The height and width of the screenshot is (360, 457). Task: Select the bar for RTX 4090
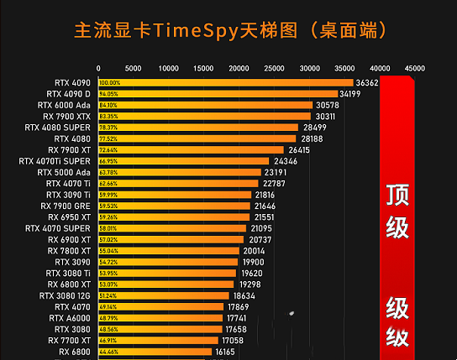click(225, 83)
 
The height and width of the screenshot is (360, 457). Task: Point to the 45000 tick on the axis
click(414, 68)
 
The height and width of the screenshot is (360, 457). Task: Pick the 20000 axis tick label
click(239, 68)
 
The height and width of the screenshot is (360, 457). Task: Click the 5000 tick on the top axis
click(134, 68)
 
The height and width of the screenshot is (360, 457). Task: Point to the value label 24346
click(285, 161)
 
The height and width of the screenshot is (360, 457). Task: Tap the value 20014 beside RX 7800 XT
click(255, 251)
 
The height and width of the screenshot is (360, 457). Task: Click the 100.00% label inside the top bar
click(109, 83)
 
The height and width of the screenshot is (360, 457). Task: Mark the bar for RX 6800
click(155, 352)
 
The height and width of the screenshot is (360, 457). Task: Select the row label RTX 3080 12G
click(65, 295)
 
